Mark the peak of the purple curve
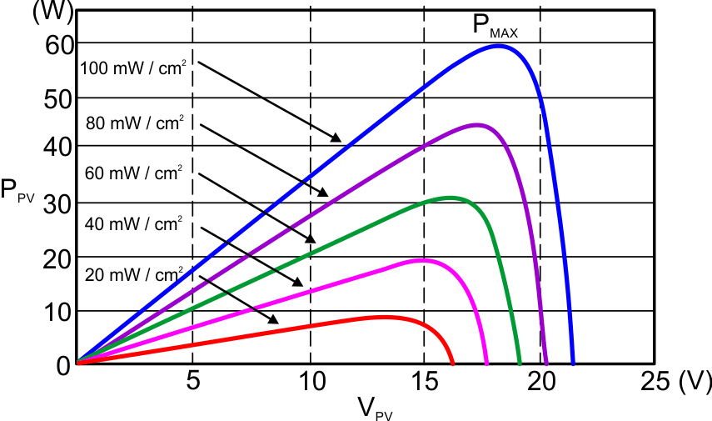[477, 125]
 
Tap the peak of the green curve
[451, 198]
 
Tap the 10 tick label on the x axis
[311, 382]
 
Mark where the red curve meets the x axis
[452, 363]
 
